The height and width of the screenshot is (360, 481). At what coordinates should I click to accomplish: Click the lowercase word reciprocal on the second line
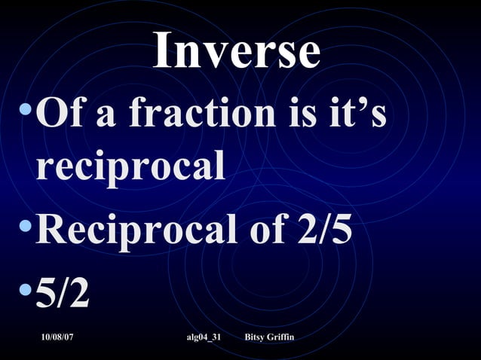[x=130, y=167]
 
